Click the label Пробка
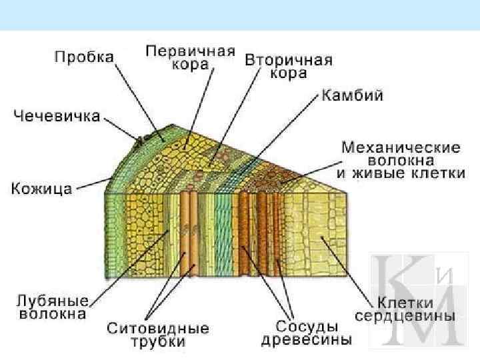coord(84,57)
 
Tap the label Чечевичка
coord(57,116)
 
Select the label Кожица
coord(41,189)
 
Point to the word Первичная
coord(191,51)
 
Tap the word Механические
coord(401,146)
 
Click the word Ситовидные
coord(157,329)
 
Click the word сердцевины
coord(405,315)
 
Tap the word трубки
coord(158,342)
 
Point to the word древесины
coord(306,340)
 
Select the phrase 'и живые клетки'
coord(401,174)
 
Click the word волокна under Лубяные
coord(52,313)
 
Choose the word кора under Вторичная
coord(288,73)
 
